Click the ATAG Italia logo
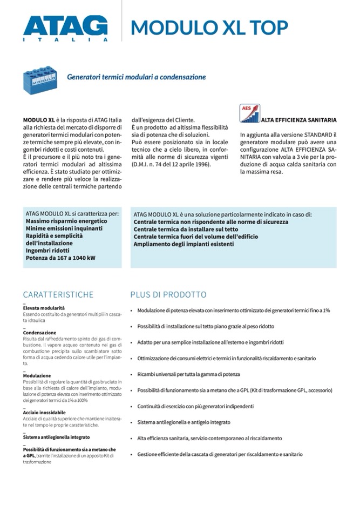click(x=65, y=28)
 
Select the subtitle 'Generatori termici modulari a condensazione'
click(x=136, y=77)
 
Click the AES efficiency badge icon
click(x=250, y=113)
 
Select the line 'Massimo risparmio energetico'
click(x=66, y=221)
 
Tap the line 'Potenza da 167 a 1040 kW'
click(x=60, y=258)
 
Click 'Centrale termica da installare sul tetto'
click(x=186, y=229)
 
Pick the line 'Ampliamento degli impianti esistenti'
click(x=184, y=244)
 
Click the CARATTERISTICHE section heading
click(x=58, y=295)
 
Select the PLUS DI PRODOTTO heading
click(x=168, y=295)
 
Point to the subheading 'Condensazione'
click(x=39, y=333)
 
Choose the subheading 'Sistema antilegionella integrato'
click(x=56, y=437)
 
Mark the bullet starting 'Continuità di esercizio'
click(x=195, y=406)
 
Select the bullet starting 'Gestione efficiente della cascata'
click(x=220, y=454)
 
